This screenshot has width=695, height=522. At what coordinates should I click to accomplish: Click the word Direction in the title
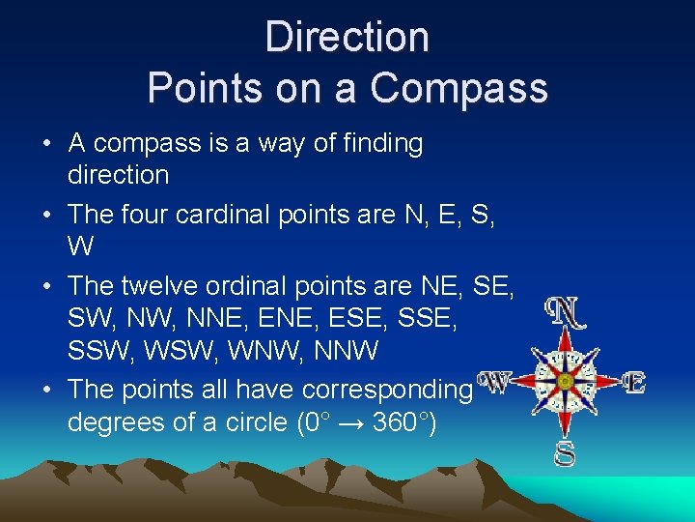pos(347,38)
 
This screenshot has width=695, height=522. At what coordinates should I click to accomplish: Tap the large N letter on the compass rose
pos(565,311)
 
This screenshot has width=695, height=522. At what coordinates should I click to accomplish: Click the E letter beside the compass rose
pos(633,383)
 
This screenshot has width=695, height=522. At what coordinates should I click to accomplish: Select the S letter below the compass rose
pos(565,452)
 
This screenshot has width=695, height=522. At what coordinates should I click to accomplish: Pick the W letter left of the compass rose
pos(494,383)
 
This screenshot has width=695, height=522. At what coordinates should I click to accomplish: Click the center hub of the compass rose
pos(566,381)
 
